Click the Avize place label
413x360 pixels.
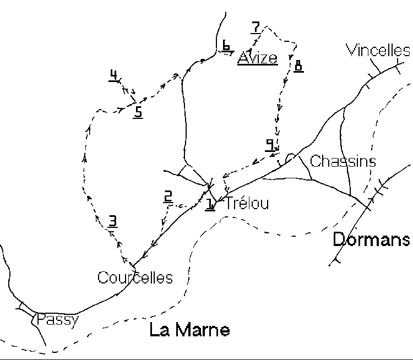pyautogui.click(x=257, y=58)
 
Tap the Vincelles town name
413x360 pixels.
pyautogui.click(x=378, y=51)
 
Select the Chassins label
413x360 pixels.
pyautogui.click(x=343, y=161)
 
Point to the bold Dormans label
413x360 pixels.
pyautogui.click(x=372, y=239)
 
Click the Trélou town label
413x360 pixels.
pyautogui.click(x=247, y=204)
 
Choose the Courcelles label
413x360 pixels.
pyautogui.click(x=135, y=277)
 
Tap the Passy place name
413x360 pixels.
pyautogui.click(x=58, y=319)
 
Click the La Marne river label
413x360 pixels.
pyautogui.click(x=189, y=330)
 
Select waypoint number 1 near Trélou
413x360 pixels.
pyautogui.click(x=210, y=204)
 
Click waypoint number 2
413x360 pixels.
pyautogui.click(x=168, y=196)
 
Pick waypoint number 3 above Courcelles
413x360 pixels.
pyautogui.click(x=112, y=221)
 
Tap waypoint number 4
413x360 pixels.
pyautogui.click(x=113, y=75)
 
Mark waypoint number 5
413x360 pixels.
pyautogui.click(x=138, y=112)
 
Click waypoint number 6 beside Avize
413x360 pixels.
pyautogui.click(x=226, y=45)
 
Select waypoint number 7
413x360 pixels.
pyautogui.click(x=255, y=26)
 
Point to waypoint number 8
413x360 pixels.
pyautogui.click(x=298, y=66)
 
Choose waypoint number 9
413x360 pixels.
pyautogui.click(x=270, y=144)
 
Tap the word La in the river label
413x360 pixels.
pyautogui.click(x=159, y=330)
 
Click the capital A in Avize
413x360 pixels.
pyautogui.click(x=243, y=58)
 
